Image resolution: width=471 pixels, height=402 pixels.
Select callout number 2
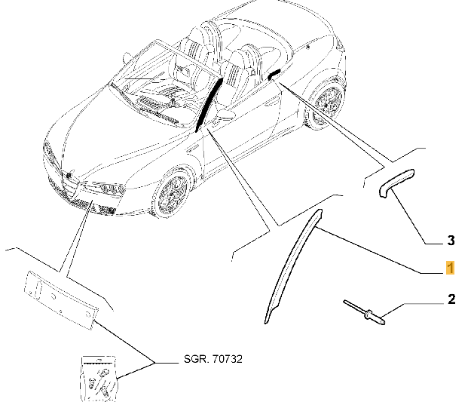tap(451, 300)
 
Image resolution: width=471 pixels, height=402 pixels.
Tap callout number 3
tap(451, 242)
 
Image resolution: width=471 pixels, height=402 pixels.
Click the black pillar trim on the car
tap(210, 97)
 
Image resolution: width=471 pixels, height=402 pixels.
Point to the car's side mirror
tap(224, 116)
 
